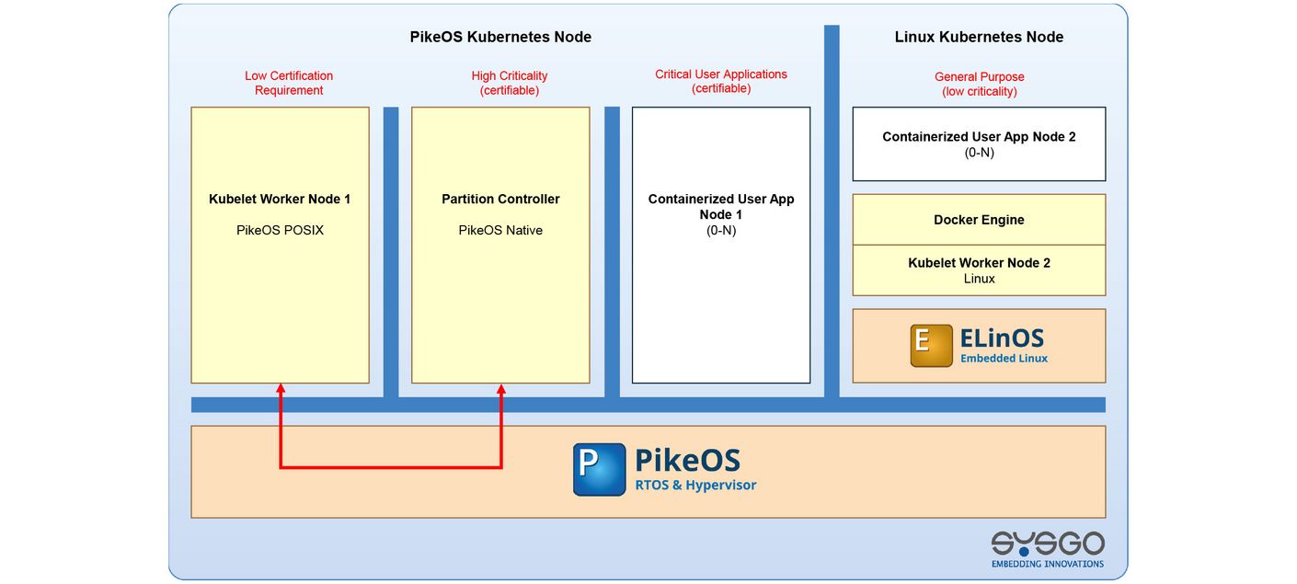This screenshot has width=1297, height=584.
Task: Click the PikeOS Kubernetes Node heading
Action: point(500,38)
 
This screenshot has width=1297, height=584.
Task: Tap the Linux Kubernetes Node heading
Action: point(979,38)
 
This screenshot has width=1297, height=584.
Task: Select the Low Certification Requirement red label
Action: point(289,83)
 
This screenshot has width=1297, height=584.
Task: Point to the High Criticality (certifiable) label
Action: point(510,83)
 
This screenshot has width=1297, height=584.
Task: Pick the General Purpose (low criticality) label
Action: point(979,84)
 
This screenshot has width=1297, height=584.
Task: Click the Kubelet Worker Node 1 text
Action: point(280,199)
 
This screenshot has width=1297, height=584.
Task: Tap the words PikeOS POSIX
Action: point(280,230)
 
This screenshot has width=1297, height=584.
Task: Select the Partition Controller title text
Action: point(500,199)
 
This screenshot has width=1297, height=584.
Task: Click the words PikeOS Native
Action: point(500,230)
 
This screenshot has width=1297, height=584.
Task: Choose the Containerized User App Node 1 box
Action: point(721,276)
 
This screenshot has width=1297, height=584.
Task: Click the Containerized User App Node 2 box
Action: point(979,143)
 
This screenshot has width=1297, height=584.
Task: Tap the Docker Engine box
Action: point(979,220)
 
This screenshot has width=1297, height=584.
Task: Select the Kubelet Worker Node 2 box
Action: point(979,270)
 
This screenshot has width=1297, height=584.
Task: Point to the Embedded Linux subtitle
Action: point(1004,359)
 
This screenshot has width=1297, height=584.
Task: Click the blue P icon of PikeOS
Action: point(599,469)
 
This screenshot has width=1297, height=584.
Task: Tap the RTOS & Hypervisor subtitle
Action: point(695,486)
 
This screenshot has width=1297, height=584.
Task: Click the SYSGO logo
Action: point(1047,548)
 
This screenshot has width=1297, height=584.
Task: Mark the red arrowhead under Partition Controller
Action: point(502,389)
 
